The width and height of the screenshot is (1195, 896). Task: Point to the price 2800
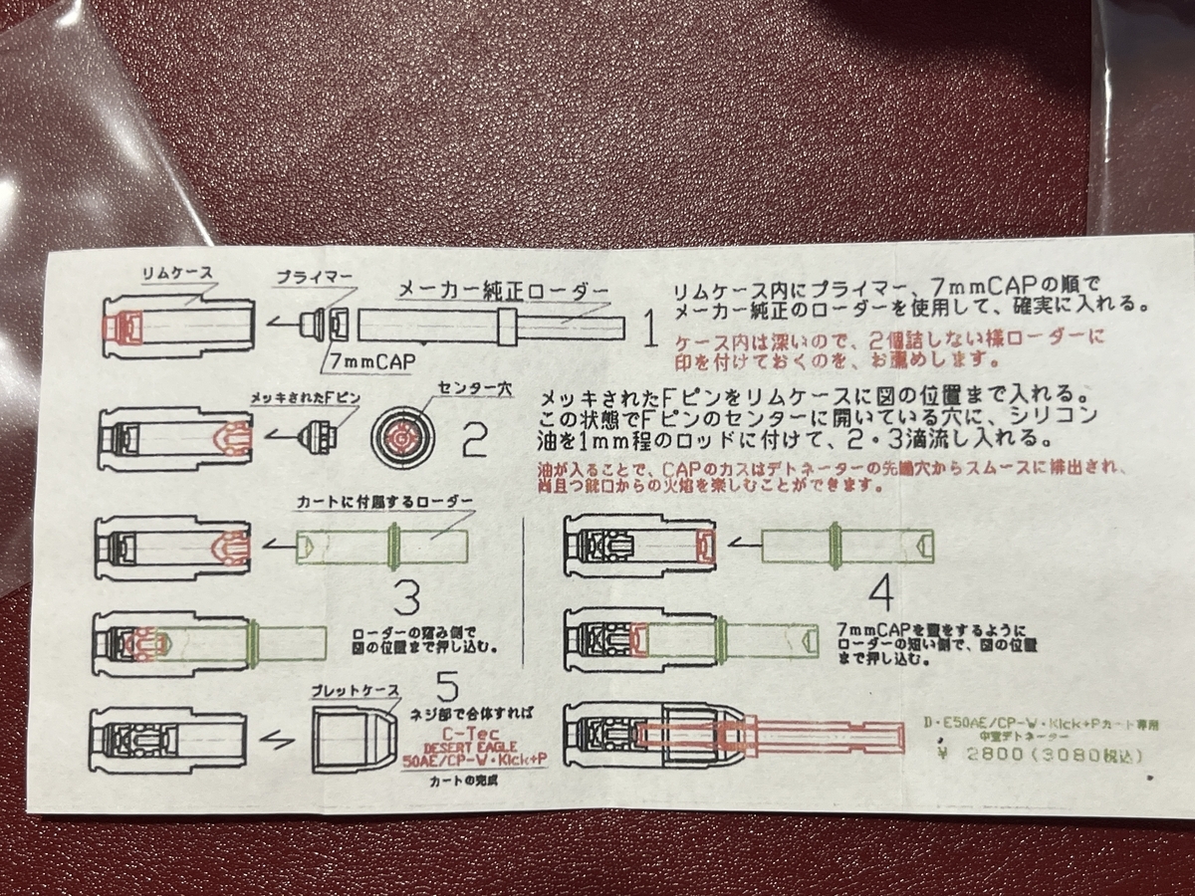pyautogui.click(x=996, y=756)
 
